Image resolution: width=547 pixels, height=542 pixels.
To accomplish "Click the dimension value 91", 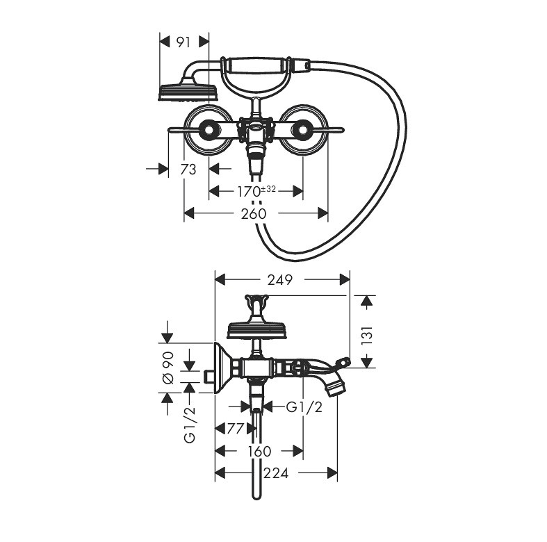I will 183,42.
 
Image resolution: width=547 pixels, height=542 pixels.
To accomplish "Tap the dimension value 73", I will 189,169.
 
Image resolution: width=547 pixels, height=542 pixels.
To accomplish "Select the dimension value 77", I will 236,429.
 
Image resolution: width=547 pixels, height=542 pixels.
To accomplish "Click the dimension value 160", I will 258,452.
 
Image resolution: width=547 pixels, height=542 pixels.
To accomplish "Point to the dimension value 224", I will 275,474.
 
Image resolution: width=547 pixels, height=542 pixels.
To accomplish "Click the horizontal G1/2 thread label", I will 304,407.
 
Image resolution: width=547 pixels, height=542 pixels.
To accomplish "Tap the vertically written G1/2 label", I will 188,424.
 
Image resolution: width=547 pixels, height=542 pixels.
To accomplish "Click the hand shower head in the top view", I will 188,92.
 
